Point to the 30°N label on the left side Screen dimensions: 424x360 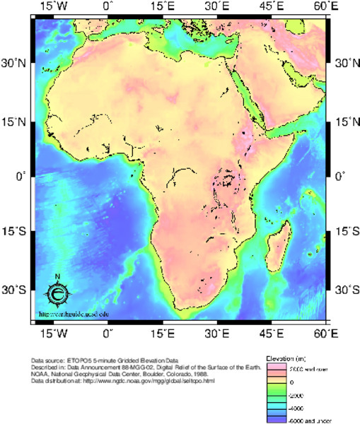click(14, 64)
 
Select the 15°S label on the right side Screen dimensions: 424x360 click(344, 231)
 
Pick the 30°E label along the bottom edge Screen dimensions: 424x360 click(216, 332)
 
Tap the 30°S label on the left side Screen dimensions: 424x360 click(14, 290)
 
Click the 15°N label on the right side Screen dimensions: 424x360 click(344, 122)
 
